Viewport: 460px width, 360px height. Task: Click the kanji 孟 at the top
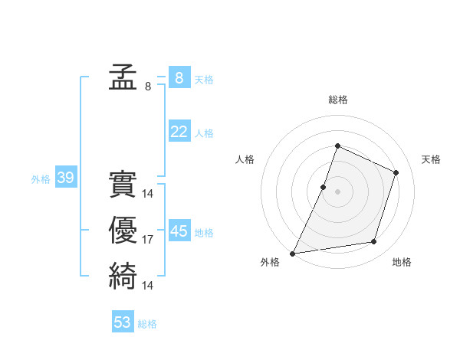[123, 77]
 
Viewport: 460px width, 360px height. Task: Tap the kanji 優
[123, 231]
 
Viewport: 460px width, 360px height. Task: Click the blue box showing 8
[179, 77]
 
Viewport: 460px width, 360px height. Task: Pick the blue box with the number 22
[179, 132]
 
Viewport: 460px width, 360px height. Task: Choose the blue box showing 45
[179, 231]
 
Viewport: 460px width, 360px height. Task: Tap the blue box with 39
[65, 178]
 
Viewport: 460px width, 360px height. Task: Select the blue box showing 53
[123, 322]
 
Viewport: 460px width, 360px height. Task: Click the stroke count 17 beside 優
[148, 240]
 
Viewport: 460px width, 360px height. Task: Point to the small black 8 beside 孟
[148, 87]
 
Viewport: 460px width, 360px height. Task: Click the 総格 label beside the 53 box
[148, 324]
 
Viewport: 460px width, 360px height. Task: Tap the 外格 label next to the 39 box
[41, 179]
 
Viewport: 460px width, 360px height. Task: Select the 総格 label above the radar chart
[338, 100]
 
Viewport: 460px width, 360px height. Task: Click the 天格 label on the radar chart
[432, 159]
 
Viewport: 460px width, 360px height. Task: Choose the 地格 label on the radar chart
[402, 262]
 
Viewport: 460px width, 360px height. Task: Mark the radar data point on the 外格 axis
[293, 253]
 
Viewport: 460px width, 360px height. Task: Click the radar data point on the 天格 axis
[396, 172]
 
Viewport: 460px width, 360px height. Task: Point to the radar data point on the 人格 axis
[324, 187]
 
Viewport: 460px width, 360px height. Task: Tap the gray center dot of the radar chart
[338, 191]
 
